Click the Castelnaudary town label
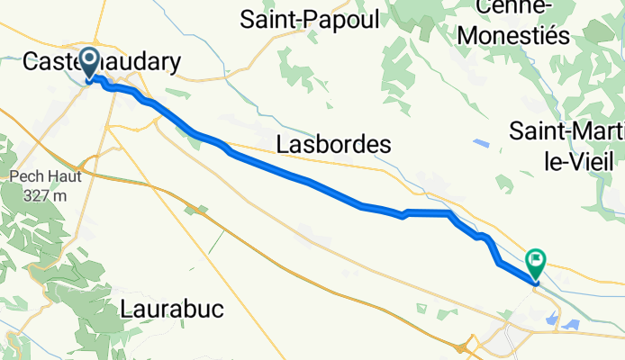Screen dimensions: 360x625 tap(100, 61)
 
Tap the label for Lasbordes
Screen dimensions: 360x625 tap(334, 144)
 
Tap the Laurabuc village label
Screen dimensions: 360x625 tap(171, 310)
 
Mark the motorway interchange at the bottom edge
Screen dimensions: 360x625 tap(467, 346)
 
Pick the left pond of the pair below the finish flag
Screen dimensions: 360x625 tap(550, 316)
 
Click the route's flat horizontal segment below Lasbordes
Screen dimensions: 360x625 tap(428, 213)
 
